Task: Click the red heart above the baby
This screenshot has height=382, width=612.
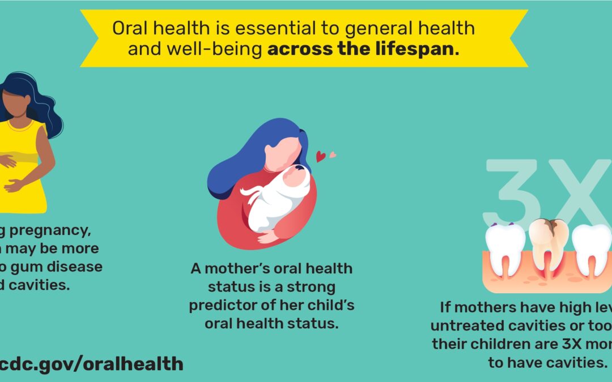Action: pyautogui.click(x=321, y=157)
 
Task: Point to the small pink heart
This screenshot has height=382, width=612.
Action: pyautogui.click(x=333, y=153)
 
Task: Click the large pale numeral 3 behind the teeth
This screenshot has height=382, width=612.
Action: pyautogui.click(x=510, y=190)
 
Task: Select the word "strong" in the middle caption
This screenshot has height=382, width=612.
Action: pyautogui.click(x=309, y=287)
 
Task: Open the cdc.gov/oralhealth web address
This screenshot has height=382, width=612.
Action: pyautogui.click(x=91, y=363)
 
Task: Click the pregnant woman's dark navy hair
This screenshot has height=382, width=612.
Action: pyautogui.click(x=40, y=102)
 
